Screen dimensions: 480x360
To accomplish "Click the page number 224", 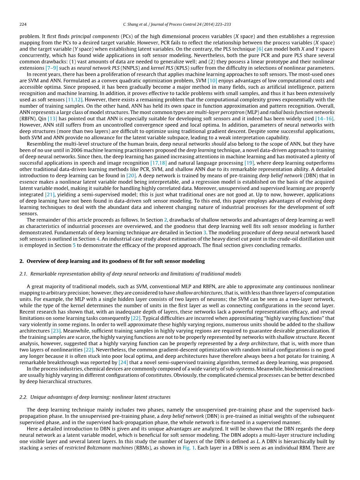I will pos(23,25).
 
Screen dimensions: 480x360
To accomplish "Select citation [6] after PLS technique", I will pos(260,49).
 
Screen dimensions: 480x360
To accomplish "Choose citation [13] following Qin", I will pos(52,118).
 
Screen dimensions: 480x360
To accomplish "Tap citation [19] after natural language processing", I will pos(249,163).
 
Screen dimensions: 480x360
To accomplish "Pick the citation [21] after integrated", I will pos(50,194).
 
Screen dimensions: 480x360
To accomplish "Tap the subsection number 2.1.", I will pos(23,274).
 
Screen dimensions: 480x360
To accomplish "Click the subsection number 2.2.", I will pos(23,397).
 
